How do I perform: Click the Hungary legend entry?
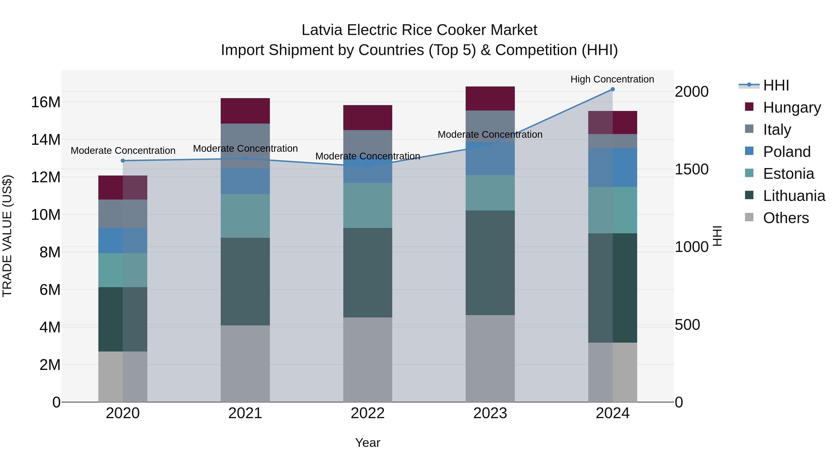[791, 107]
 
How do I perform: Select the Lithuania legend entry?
[794, 196]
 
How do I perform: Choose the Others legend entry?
[786, 218]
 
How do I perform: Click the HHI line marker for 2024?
[612, 89]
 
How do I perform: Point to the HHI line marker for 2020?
[123, 161]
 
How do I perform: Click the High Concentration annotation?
[612, 79]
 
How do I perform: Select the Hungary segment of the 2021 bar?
[245, 111]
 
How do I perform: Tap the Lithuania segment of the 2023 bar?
[490, 262]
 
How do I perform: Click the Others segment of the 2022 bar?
[368, 360]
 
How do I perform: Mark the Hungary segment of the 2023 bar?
[490, 98]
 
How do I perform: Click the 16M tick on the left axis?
[46, 102]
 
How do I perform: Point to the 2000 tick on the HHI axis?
[691, 92]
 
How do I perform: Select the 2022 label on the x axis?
[368, 413]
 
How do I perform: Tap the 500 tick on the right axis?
[687, 324]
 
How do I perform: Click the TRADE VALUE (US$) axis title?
[7, 236]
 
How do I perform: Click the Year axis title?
[368, 443]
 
